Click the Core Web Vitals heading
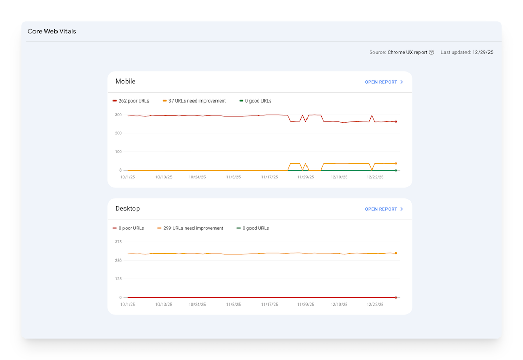[x=52, y=31]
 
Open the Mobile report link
[x=384, y=82]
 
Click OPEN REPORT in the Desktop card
[x=384, y=209]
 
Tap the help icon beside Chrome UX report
[x=431, y=52]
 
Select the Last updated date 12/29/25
[x=483, y=52]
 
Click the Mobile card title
[x=126, y=81]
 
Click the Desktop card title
[x=128, y=208]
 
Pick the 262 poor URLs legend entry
[x=131, y=100]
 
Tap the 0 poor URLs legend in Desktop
[x=129, y=228]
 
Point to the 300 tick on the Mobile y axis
[x=118, y=115]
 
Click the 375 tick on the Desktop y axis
[x=118, y=242]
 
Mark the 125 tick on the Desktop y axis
[x=118, y=279]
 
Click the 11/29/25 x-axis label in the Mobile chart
[x=305, y=177]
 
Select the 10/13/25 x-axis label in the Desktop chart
[x=164, y=304]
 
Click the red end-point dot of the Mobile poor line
[x=396, y=122]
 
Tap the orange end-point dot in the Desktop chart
[x=396, y=253]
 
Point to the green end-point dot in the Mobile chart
[x=396, y=170]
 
